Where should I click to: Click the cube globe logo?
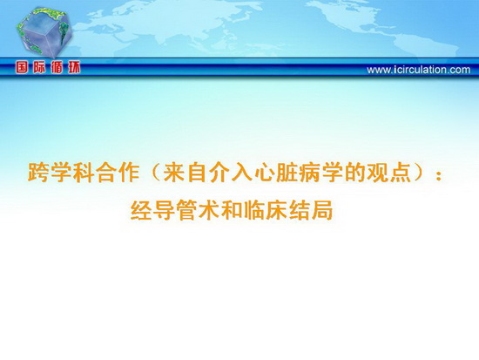pos(44,31)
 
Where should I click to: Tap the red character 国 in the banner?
pos(22,68)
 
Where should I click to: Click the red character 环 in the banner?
pos(74,68)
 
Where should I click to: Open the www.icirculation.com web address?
pos(419,70)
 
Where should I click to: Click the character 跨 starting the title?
pos(37,173)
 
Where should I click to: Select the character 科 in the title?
pos(83,173)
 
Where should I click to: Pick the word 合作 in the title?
pos(117,173)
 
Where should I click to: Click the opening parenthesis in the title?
pos(155,173)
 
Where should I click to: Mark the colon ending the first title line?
pos(439,174)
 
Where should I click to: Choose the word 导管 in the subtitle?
pos(174,210)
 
